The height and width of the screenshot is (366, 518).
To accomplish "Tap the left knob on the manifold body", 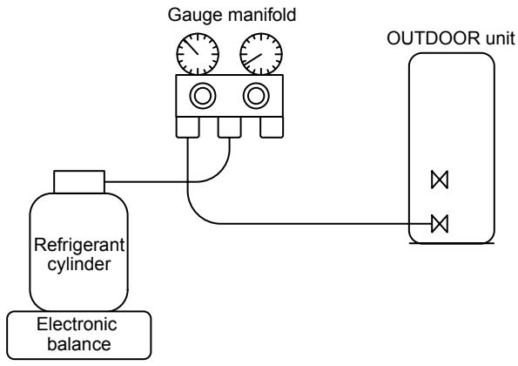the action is pos(203,96).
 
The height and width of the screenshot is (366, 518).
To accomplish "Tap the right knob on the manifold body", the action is pos(256,96).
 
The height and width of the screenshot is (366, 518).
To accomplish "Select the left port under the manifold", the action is pos(188,127).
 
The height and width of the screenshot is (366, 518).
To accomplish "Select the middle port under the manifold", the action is pos(229,127).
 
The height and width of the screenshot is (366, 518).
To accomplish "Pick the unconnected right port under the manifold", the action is pos(272,127).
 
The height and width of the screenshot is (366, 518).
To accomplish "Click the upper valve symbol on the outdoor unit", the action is pos(440,180).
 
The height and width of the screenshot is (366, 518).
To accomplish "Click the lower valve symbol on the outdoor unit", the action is pos(440,223).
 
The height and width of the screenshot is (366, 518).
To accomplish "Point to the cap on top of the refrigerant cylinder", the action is pos(79,182).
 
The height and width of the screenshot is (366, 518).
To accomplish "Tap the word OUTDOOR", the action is pos(434,38).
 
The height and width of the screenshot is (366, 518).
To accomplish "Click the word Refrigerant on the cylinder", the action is pos(79,246).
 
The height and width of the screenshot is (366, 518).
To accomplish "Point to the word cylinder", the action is pos(79,265).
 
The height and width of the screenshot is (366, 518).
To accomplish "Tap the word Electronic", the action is pos(77,324).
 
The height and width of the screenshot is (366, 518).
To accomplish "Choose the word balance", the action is pos(79,344).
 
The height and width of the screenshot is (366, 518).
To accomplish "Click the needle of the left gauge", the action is pos(191,46).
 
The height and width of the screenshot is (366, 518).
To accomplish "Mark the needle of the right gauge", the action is pos(252,59).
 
